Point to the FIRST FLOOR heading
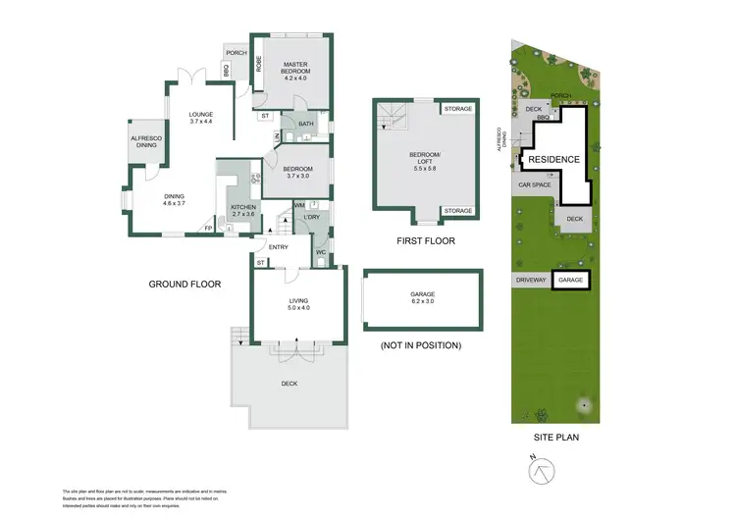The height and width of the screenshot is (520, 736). (424, 240)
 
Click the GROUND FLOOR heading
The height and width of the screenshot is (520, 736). (184, 285)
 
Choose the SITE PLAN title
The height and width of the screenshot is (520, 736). (552, 437)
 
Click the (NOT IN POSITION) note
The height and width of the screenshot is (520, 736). (420, 345)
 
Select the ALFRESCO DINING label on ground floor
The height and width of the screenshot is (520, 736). (146, 143)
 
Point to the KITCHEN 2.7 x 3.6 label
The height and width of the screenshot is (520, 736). (242, 211)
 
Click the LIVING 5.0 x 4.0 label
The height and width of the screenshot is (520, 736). (298, 305)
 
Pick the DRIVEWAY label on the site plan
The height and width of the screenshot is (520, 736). (531, 281)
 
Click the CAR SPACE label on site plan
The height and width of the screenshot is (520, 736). (534, 183)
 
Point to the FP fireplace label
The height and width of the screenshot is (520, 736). (207, 229)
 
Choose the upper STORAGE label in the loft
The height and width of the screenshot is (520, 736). (458, 108)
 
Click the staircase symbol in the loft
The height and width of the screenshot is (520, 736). (393, 118)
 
